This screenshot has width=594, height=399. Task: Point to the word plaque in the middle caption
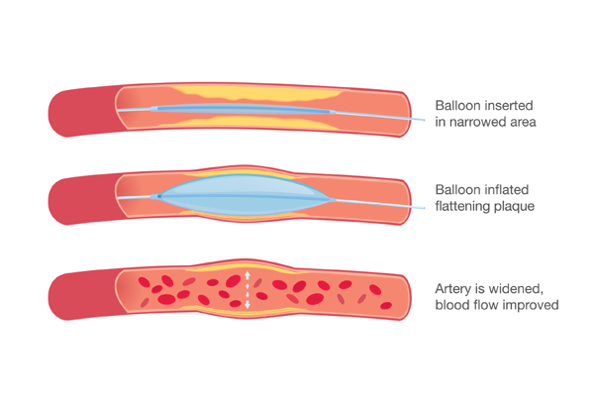(517, 207)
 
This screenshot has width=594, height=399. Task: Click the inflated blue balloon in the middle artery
(245, 195)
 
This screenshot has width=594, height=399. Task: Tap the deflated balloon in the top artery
(243, 110)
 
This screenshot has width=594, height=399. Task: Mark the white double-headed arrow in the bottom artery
(247, 289)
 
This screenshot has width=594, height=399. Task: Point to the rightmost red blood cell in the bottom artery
(386, 305)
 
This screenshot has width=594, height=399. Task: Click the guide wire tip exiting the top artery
(424, 120)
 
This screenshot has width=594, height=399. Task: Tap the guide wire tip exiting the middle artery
(424, 208)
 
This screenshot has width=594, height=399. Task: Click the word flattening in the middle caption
(464, 207)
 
